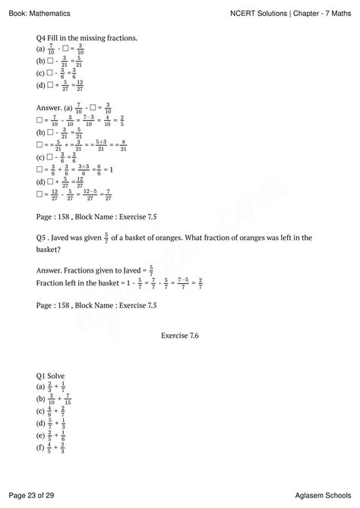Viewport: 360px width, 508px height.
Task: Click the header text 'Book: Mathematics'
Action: (x=39, y=13)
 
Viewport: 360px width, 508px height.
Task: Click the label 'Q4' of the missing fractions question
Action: (x=43, y=37)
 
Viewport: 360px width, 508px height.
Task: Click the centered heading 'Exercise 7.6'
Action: (x=179, y=333)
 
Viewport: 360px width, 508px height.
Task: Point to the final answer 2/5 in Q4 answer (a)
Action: (x=122, y=121)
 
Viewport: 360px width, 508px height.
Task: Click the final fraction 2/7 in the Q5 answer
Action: (x=200, y=282)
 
